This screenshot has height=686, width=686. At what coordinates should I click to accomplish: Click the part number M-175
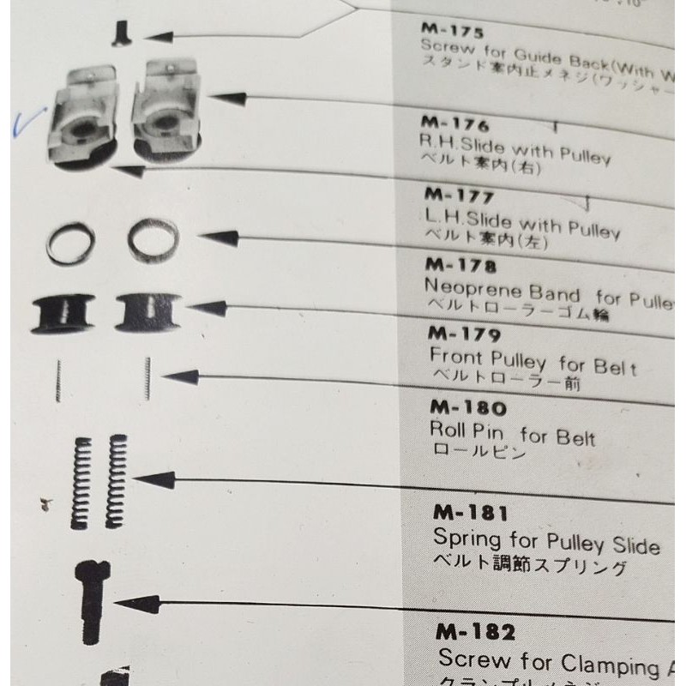[x=453, y=33]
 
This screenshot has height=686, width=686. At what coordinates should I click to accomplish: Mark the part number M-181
[x=471, y=514]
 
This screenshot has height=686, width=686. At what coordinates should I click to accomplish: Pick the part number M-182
[x=475, y=634]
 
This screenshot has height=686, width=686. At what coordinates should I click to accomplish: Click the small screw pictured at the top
[x=120, y=35]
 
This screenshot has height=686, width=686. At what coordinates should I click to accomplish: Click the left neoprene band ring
[x=68, y=242]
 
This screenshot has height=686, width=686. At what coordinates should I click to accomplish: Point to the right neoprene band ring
[x=153, y=238]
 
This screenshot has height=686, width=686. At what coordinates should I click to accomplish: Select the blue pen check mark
[x=19, y=126]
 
